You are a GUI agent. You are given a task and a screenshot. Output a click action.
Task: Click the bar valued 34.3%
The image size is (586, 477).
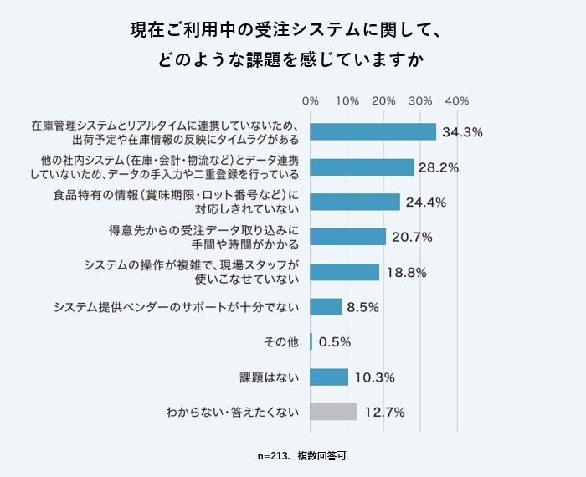click(373, 132)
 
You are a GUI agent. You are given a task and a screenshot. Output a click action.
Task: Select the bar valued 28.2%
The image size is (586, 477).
click(362, 167)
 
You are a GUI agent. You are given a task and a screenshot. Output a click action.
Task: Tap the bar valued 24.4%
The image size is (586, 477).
click(355, 202)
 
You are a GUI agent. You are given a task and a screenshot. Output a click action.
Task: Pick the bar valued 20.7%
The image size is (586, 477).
click(347, 237)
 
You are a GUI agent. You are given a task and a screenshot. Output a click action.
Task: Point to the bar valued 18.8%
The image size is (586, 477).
click(344, 272)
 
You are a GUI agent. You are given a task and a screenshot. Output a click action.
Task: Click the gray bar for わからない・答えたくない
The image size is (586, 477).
click(333, 412)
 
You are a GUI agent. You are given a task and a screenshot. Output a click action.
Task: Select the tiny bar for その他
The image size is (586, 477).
click(311, 341)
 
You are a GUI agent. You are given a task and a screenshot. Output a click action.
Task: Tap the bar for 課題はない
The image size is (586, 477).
click(329, 377)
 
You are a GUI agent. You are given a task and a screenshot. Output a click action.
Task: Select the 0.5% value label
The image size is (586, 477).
click(334, 341)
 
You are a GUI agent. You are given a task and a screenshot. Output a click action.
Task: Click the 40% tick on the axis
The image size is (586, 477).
click(457, 101)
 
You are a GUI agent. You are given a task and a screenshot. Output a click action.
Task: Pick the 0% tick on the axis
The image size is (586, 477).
click(310, 101)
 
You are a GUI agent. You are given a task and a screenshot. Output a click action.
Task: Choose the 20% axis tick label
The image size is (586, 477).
click(383, 101)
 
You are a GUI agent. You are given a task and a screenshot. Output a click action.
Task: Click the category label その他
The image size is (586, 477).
click(281, 341)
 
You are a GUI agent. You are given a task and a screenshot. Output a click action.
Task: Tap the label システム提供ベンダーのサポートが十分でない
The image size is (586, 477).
click(176, 307)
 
